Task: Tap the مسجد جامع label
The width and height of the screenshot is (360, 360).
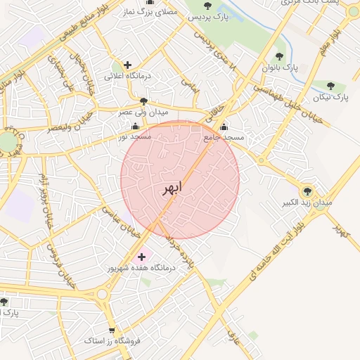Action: coord(224,138)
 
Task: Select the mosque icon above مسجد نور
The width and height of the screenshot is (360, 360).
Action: coord(134,127)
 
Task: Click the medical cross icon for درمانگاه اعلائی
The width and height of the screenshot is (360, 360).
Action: coord(127,65)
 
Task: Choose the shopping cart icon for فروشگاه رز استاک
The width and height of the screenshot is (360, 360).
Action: coord(112,330)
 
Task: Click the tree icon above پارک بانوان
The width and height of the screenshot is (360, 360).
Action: coord(279,56)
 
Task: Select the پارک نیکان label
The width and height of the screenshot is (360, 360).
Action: coord(330,96)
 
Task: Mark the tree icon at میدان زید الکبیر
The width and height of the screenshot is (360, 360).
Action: coord(307,191)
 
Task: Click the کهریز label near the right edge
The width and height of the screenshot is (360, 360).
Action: coord(341,230)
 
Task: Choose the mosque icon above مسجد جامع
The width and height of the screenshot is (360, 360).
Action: coord(224,127)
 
